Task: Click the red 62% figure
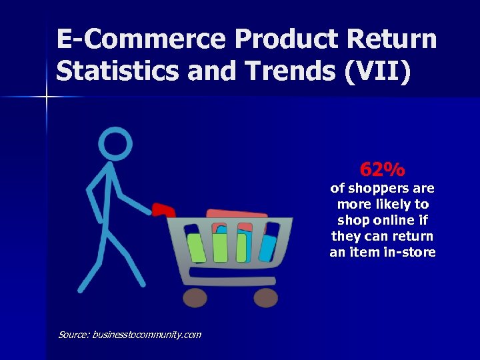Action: click(382, 169)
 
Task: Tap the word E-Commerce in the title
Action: click(141, 39)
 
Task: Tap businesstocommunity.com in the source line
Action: click(146, 335)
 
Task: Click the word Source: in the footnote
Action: click(74, 335)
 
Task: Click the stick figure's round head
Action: click(115, 143)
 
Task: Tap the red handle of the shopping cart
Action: click(161, 210)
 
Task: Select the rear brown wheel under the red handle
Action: click(195, 297)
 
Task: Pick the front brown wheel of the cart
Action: click(265, 297)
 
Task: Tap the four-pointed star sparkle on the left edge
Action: click(46, 97)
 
